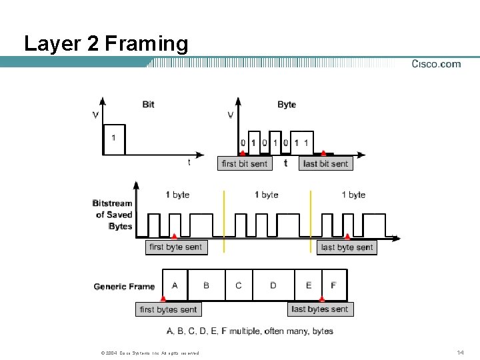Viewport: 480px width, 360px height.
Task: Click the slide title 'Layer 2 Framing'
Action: point(106,44)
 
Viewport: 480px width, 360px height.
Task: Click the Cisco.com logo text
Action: point(436,64)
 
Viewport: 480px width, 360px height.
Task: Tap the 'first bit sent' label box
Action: point(244,163)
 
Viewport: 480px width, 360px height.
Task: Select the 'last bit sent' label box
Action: point(325,163)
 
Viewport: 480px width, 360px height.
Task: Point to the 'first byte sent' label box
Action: point(175,247)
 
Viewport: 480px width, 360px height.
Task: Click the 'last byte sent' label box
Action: point(347,247)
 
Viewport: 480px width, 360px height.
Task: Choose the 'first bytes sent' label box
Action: point(169,309)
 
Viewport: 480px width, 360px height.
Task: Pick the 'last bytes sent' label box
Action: point(320,309)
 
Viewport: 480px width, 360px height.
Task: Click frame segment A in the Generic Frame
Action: point(175,285)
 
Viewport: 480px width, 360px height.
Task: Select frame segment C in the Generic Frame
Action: point(239,285)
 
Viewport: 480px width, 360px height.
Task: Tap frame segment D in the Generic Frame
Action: point(273,285)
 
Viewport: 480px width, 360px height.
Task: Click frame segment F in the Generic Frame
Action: point(334,285)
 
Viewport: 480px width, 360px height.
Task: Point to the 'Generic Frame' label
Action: point(124,287)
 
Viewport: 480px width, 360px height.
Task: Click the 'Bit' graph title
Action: point(148,104)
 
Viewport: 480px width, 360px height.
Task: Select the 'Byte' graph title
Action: point(287,104)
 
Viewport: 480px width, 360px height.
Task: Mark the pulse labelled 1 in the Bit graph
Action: point(114,139)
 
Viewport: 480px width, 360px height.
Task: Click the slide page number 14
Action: point(460,352)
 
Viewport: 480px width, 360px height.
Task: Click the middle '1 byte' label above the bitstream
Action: point(267,195)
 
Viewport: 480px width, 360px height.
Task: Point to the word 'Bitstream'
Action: point(113,203)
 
